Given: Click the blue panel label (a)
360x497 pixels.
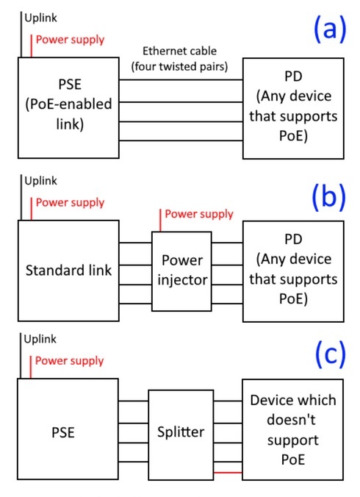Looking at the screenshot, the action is [x=330, y=29].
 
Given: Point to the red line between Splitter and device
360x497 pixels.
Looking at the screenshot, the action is [x=228, y=472].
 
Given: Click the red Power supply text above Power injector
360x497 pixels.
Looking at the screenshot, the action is [x=199, y=214].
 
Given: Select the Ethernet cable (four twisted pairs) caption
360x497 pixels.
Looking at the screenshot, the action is [x=179, y=59].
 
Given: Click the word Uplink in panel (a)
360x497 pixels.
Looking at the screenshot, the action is [x=41, y=18].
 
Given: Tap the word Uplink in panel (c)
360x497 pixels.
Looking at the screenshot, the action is [x=40, y=339].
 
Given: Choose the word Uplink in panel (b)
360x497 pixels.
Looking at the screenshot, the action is [x=41, y=181].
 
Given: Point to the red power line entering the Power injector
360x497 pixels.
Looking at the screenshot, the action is [x=160, y=221].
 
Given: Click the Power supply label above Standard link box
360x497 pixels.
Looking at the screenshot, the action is [x=70, y=203].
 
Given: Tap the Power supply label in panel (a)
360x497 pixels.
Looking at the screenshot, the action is [x=70, y=40].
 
